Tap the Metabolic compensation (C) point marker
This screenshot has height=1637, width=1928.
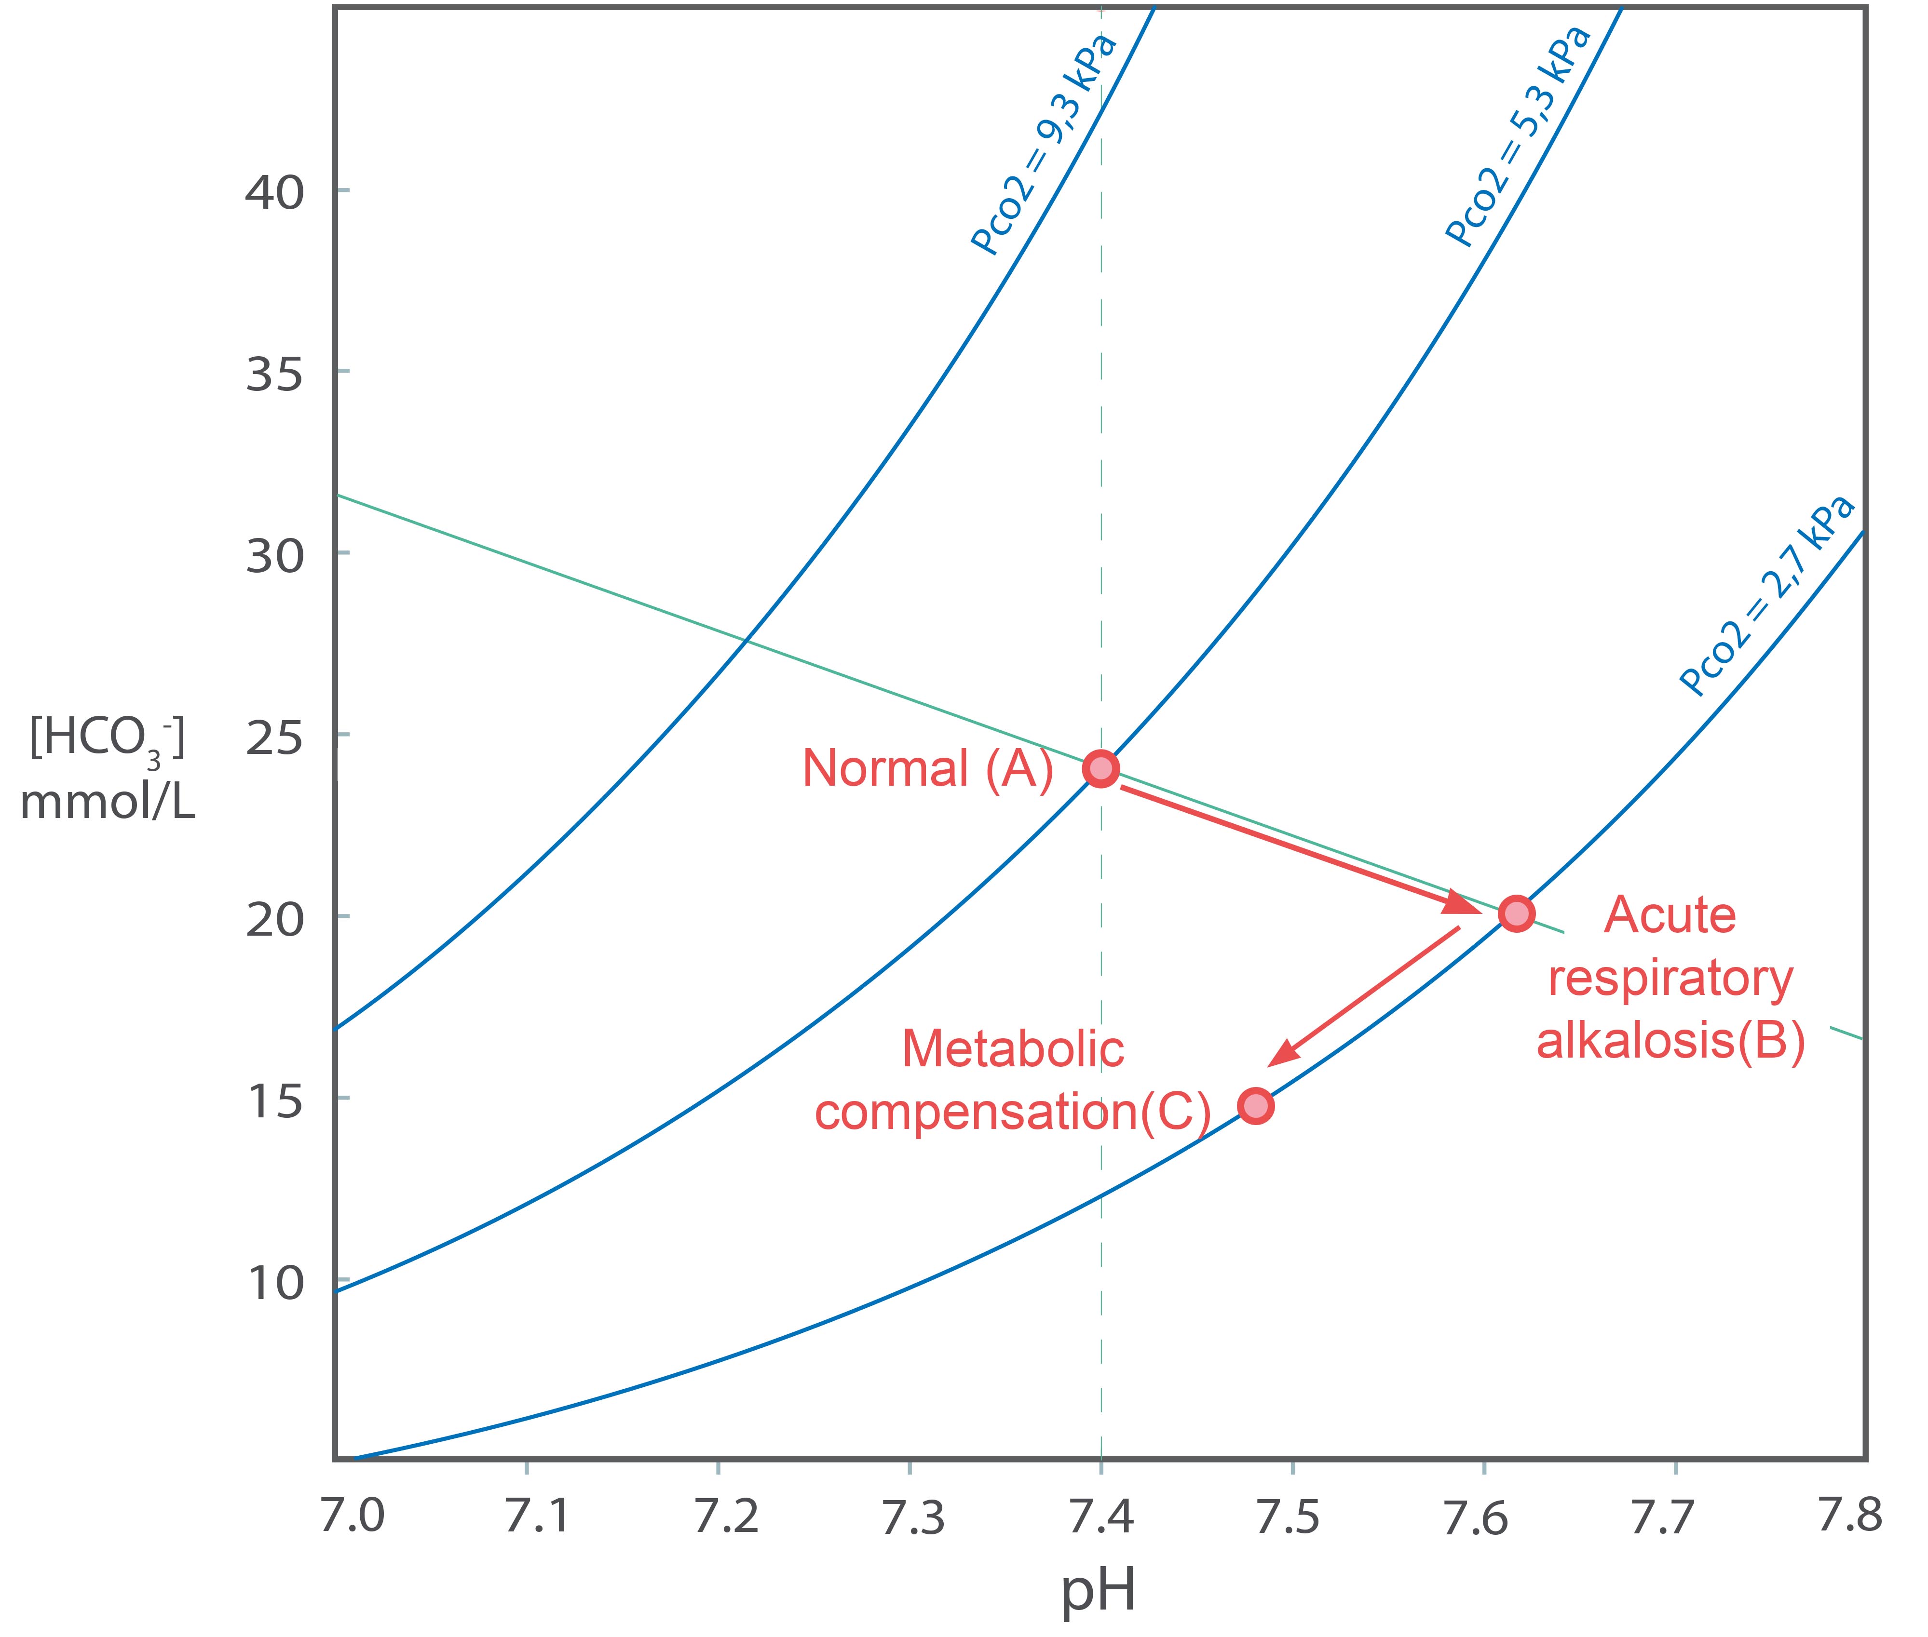(x=1255, y=1106)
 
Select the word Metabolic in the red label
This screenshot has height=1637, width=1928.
(x=1013, y=1049)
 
